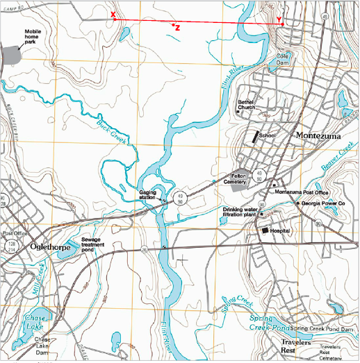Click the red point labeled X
pyautogui.click(x=114, y=19)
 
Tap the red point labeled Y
pyautogui.click(x=281, y=25)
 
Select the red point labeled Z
pyautogui.click(x=173, y=25)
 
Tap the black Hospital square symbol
pyautogui.click(x=265, y=230)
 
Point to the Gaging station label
pyautogui.click(x=147, y=194)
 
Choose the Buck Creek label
pyautogui.click(x=111, y=126)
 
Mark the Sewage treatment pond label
pyautogui.click(x=93, y=245)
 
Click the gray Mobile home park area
pyautogui.click(x=11, y=54)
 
